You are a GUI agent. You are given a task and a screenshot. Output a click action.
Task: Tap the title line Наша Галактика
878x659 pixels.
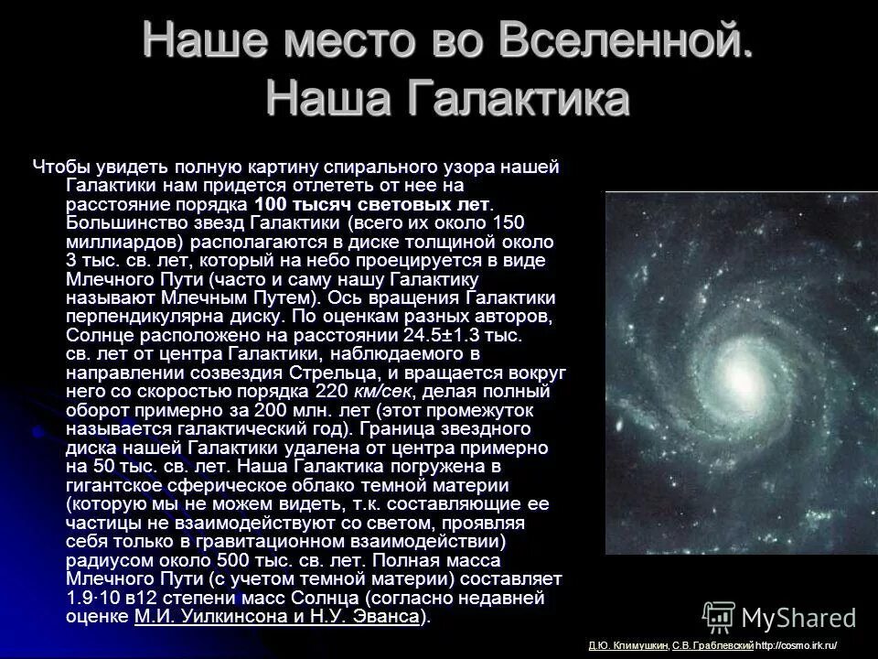[x=447, y=98]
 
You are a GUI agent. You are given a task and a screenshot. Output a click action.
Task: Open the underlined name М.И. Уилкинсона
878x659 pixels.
[x=202, y=616]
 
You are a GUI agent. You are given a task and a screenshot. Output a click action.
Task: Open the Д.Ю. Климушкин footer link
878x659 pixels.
[x=628, y=646]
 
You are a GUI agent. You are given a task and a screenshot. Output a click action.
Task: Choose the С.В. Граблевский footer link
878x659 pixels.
[x=712, y=646]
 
